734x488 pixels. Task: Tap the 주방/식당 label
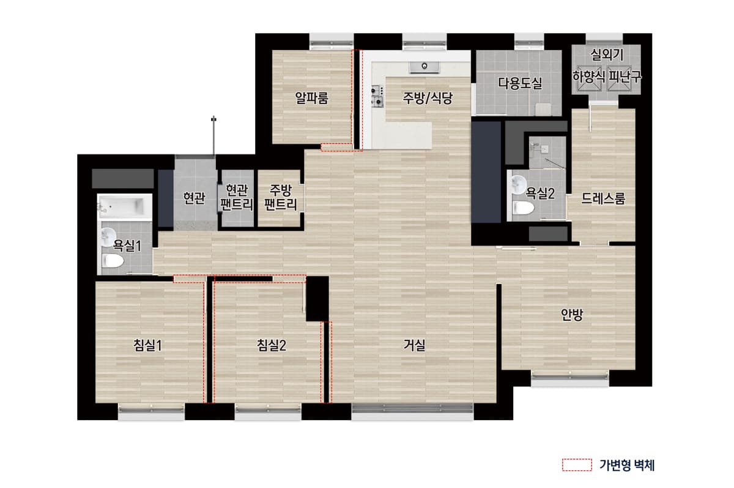(x=428, y=98)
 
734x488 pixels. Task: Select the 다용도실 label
(x=520, y=83)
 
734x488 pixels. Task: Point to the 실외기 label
(x=606, y=54)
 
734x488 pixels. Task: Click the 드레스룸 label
(x=603, y=198)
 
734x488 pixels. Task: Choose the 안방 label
(x=573, y=315)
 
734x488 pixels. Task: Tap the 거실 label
(x=414, y=345)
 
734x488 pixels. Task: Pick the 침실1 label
(x=148, y=345)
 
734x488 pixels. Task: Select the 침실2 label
(x=272, y=345)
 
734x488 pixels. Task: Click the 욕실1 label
(x=127, y=246)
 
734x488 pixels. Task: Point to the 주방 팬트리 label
(x=281, y=197)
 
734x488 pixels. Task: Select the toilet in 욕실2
(x=522, y=207)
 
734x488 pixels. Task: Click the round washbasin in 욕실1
(x=109, y=236)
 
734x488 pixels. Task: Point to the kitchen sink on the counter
(x=422, y=65)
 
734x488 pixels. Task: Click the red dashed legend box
(x=577, y=465)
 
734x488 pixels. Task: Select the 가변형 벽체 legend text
(x=628, y=465)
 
